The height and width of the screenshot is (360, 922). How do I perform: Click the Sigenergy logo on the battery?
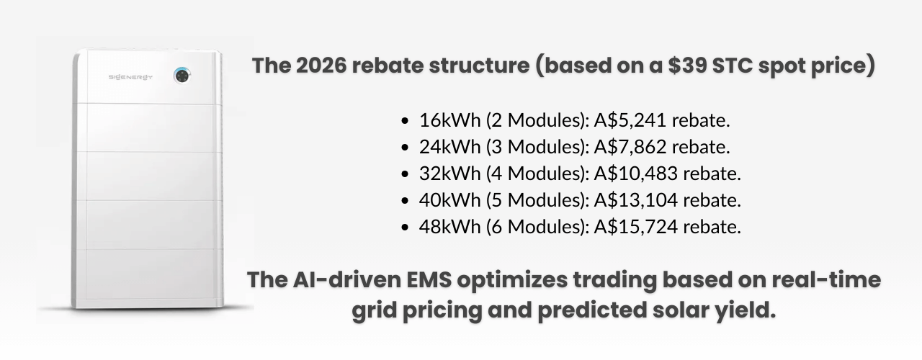pos(130,76)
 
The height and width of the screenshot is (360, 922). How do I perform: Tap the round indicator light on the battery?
pos(182,75)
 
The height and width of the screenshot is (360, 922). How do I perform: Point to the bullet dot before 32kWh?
pos(406,174)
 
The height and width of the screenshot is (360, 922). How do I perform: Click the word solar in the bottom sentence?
pos(632,312)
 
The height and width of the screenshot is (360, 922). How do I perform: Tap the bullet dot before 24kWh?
pos(406,148)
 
